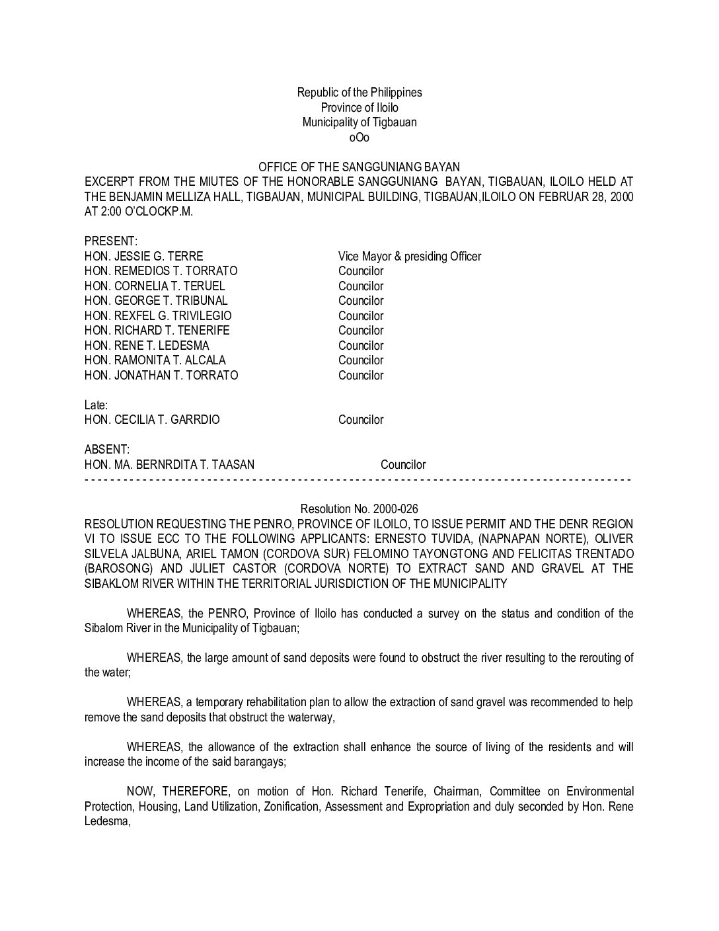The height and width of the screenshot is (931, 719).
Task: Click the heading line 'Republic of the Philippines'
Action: [x=359, y=93]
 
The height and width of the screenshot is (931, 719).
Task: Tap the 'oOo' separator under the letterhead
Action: [x=359, y=138]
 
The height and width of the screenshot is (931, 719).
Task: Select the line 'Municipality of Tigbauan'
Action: [x=359, y=122]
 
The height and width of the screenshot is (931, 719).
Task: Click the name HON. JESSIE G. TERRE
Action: [x=143, y=257]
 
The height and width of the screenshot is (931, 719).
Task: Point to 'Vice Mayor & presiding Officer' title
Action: [x=409, y=257]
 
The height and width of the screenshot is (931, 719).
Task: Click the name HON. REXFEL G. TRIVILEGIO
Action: [x=158, y=316]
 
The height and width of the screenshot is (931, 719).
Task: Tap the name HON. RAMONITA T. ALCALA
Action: [x=155, y=360]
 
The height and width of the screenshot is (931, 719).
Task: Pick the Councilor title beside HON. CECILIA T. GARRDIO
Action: [x=360, y=420]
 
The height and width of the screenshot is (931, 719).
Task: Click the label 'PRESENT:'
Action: [x=110, y=241]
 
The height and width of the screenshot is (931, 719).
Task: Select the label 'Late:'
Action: [x=96, y=405]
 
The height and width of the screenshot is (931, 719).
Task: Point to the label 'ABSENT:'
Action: [x=107, y=450]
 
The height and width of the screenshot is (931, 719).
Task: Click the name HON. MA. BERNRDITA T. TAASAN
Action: [x=169, y=465]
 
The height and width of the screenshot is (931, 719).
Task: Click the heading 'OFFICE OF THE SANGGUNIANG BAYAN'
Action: [x=359, y=167]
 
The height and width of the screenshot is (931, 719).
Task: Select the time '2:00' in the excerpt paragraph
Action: [x=109, y=212]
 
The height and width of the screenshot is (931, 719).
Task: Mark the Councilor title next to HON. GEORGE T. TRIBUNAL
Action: [x=360, y=301]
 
